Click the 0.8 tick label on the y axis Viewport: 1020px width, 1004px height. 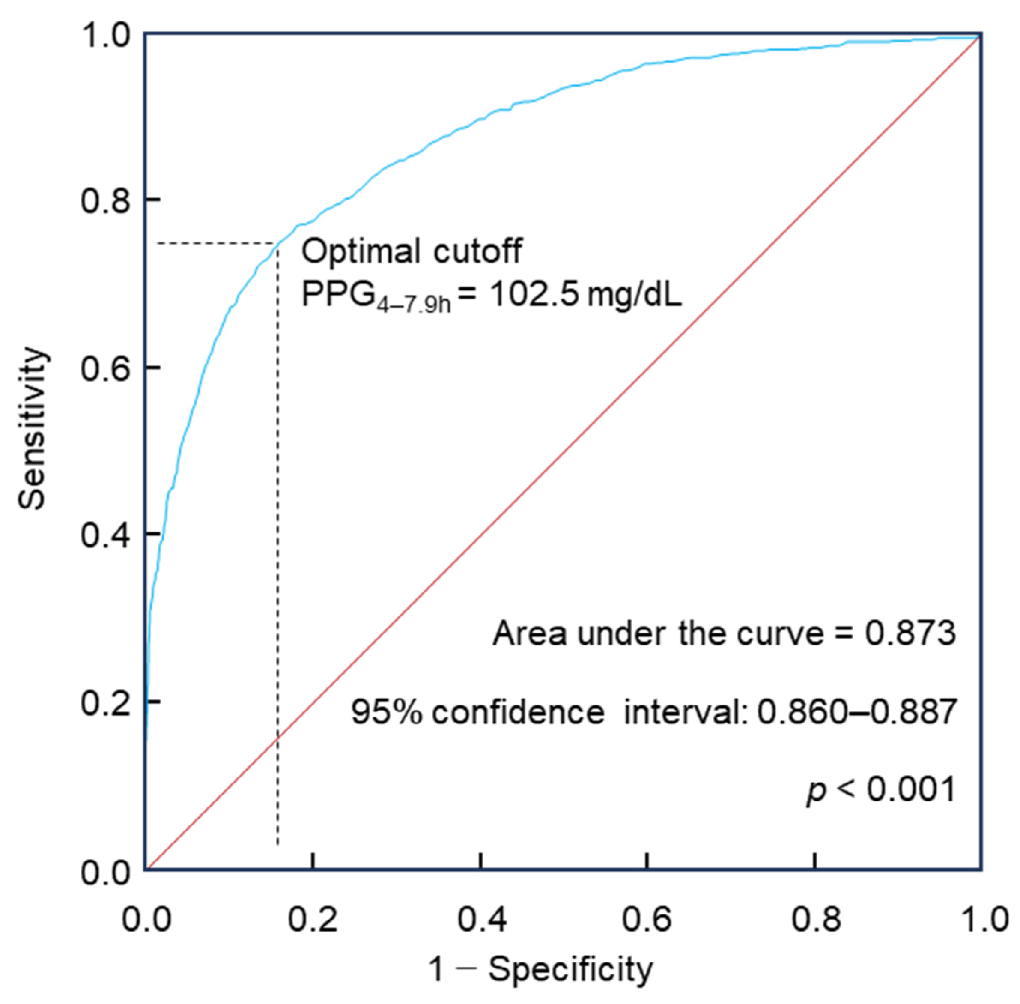click(104, 201)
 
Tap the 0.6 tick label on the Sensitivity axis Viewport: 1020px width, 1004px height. click(104, 368)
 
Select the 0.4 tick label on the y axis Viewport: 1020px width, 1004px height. click(104, 535)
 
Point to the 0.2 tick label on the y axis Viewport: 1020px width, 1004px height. click(104, 703)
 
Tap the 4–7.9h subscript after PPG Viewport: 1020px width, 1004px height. click(413, 305)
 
